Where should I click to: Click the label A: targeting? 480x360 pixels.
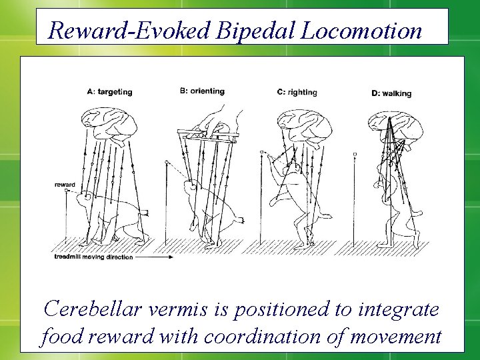click(x=109, y=92)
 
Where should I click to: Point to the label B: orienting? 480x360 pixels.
click(x=202, y=91)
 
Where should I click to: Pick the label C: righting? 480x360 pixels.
click(x=297, y=92)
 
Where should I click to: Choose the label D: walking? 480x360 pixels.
click(x=391, y=93)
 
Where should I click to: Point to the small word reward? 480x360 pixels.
click(x=65, y=185)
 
